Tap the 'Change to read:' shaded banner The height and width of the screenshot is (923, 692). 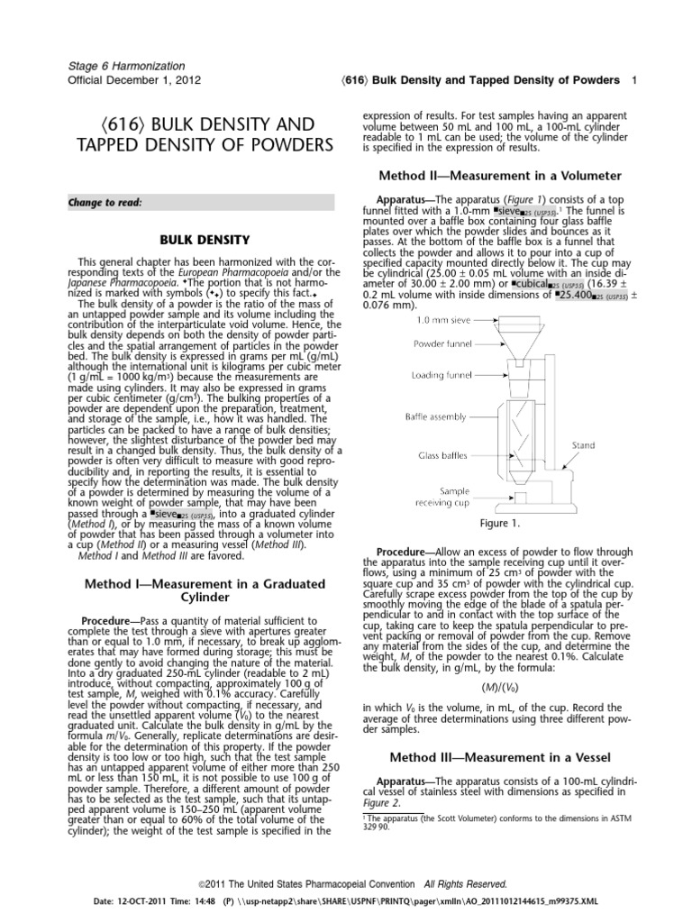(x=200, y=203)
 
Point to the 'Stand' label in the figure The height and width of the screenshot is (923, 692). (x=585, y=445)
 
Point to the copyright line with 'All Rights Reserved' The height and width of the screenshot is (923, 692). (x=346, y=884)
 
